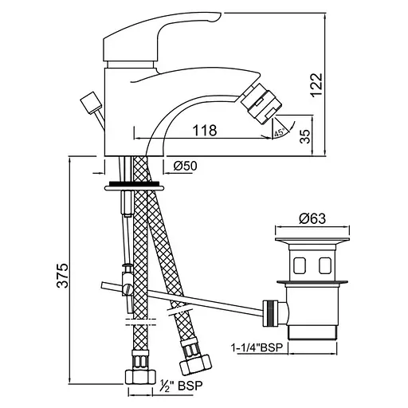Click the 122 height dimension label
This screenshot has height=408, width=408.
(316, 84)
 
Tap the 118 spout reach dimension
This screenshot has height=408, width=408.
(205, 130)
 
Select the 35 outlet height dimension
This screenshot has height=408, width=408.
(305, 136)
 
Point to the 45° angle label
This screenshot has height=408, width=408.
(279, 132)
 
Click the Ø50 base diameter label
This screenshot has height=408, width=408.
(186, 166)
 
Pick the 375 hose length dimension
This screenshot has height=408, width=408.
(63, 276)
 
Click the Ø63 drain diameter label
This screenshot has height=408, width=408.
(312, 219)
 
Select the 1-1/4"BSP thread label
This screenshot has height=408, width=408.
(256, 347)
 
